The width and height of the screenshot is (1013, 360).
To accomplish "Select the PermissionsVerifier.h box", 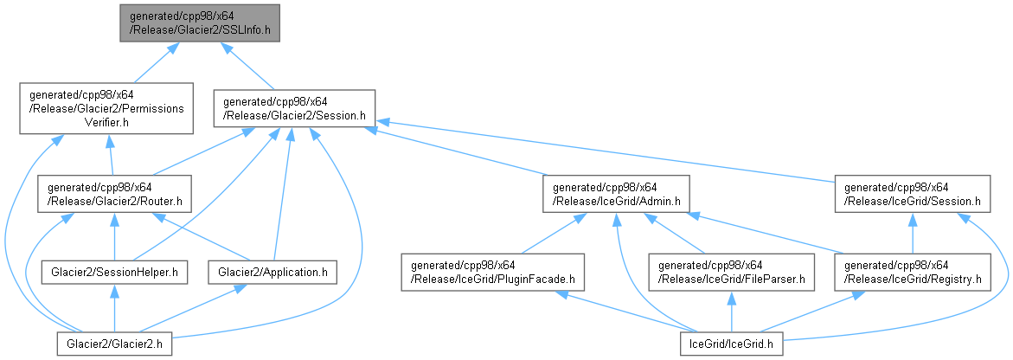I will [x=106, y=108].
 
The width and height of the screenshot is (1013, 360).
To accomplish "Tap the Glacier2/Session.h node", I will [x=294, y=108].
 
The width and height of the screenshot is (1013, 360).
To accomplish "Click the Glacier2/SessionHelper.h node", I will [x=114, y=273].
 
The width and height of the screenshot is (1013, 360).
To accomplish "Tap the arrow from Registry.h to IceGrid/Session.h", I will [x=911, y=233].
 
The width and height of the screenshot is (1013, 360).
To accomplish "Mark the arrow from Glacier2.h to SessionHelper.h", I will [x=114, y=310].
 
